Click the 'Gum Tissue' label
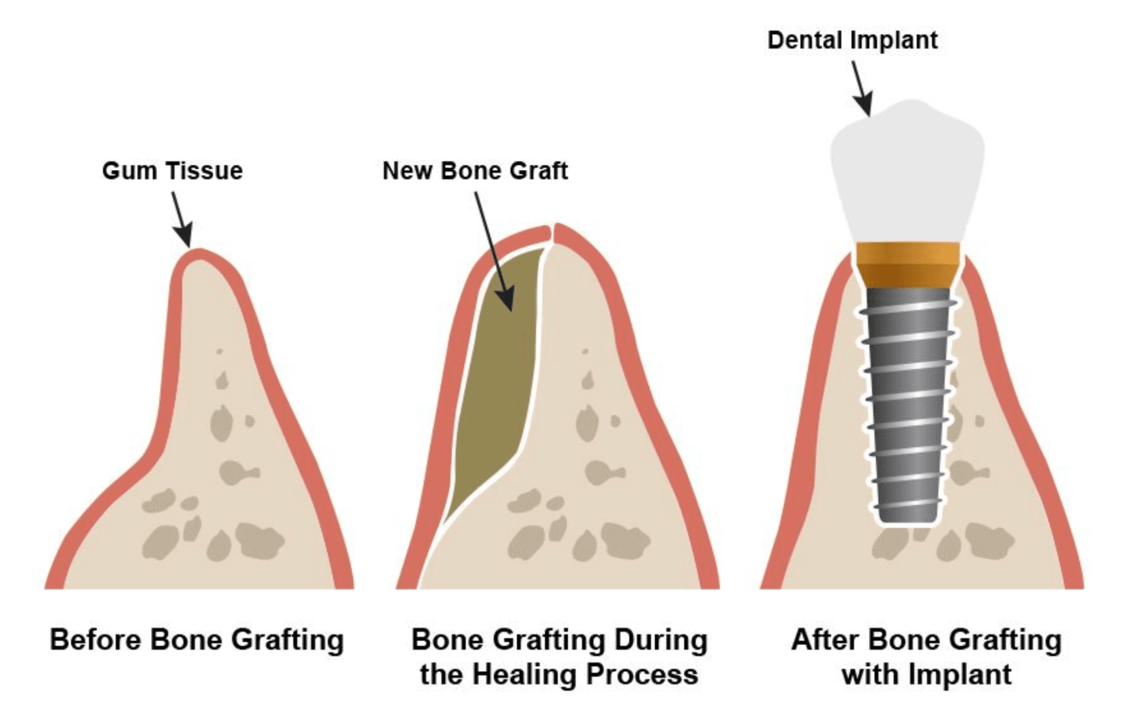tap(172, 171)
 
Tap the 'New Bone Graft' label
tap(475, 171)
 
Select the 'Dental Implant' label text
tap(852, 41)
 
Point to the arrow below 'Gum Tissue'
tap(181, 220)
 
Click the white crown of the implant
tap(907, 174)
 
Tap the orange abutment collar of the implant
tap(907, 264)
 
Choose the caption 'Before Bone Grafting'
tap(197, 640)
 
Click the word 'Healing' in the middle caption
tap(525, 675)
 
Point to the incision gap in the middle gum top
tap(552, 233)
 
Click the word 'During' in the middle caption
tap(661, 640)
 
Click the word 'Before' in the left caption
tap(96, 640)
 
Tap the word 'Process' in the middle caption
tap(642, 675)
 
